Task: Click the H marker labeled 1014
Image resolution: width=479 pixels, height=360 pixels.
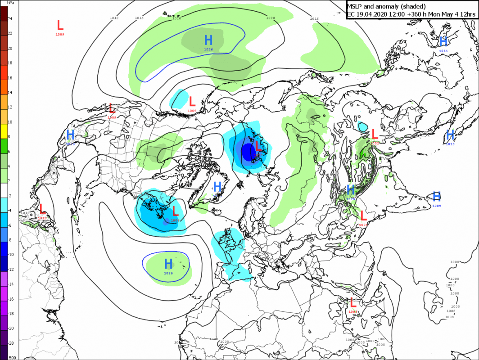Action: (443, 42)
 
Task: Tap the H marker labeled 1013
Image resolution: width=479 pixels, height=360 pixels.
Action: (450, 135)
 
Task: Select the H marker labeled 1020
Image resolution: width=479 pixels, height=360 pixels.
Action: (70, 135)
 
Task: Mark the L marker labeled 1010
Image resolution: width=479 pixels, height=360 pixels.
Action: (42, 209)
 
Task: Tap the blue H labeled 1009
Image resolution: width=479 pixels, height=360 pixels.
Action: (436, 196)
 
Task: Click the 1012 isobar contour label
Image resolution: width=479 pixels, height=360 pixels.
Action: (114, 18)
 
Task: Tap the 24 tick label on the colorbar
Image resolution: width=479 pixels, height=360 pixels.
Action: (9, 18)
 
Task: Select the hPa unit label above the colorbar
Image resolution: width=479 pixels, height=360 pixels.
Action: (10, 3)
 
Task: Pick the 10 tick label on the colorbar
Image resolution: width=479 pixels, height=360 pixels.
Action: (9, 122)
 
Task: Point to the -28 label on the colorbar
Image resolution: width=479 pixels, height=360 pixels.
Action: (10, 343)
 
